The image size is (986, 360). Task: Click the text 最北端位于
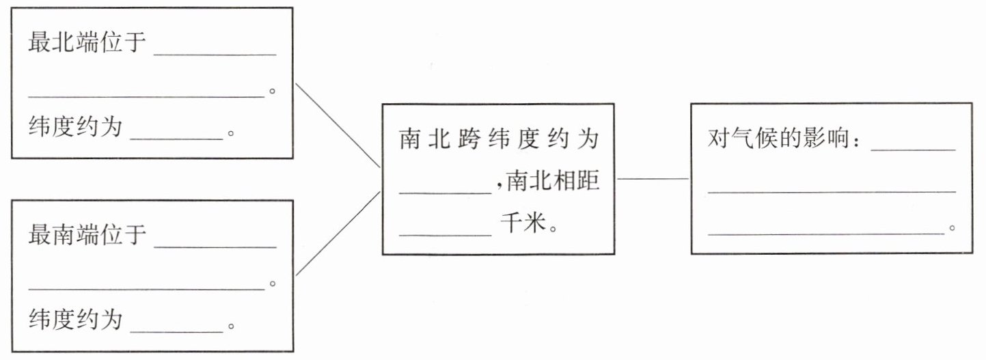(87, 43)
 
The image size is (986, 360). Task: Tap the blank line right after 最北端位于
(215, 54)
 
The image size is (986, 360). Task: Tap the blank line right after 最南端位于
(215, 247)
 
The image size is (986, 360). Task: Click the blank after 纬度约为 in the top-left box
(177, 138)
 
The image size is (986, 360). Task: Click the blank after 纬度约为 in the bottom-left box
(177, 331)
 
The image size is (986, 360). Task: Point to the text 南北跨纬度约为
(498, 139)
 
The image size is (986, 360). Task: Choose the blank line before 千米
(445, 234)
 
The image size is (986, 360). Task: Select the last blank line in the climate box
(827, 234)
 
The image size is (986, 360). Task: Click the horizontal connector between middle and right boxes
(653, 179)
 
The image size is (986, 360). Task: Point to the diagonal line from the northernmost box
(338, 125)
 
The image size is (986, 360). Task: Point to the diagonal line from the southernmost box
(338, 234)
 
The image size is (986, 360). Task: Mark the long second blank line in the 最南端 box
(146, 290)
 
